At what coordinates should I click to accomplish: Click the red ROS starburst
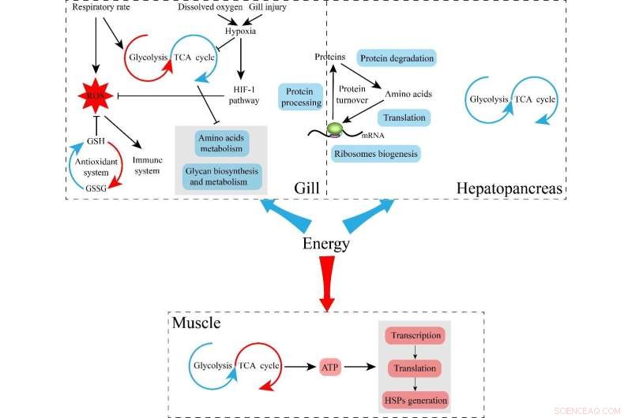click(94, 96)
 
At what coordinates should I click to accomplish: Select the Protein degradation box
click(397, 59)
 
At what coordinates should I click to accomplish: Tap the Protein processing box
click(301, 96)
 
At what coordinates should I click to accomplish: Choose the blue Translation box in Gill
click(404, 118)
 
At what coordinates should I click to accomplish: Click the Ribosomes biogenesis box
click(376, 153)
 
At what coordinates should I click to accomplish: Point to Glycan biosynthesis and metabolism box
click(220, 176)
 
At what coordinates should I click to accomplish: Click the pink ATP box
click(330, 366)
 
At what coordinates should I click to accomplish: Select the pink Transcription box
click(415, 335)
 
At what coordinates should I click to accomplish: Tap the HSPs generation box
click(415, 399)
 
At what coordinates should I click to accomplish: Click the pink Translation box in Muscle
click(415, 368)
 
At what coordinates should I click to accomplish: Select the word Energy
click(325, 243)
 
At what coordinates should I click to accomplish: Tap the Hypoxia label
click(241, 31)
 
